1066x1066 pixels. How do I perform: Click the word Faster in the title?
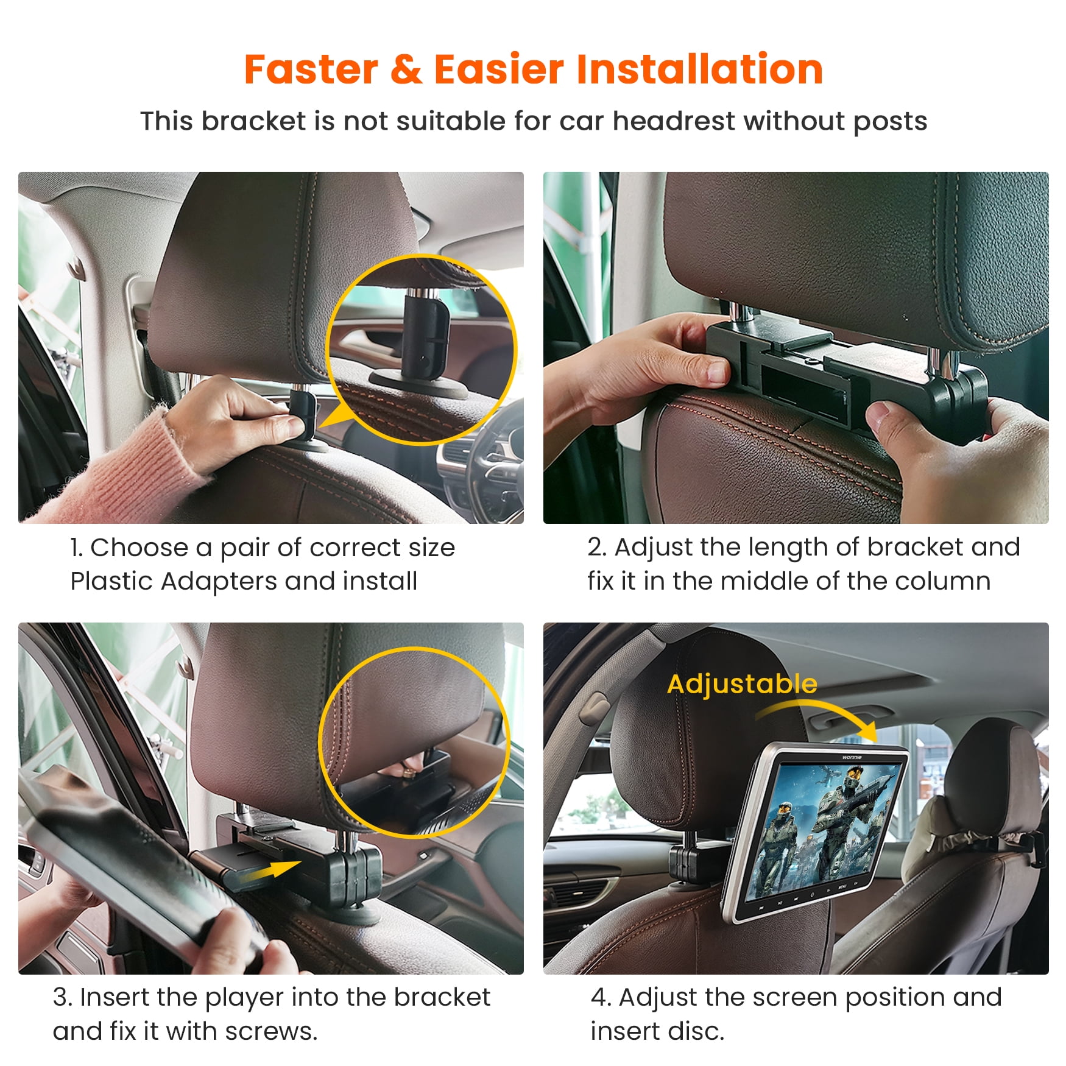(311, 69)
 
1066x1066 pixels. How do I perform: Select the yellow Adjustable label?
(741, 684)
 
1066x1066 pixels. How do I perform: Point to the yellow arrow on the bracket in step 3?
(271, 870)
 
